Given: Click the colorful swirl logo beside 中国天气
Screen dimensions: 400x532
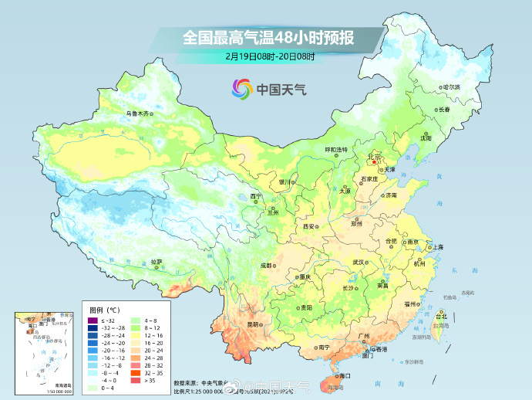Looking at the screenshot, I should tap(241, 89).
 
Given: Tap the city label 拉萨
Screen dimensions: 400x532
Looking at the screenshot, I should tap(157, 262).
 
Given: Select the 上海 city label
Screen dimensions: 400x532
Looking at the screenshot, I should tap(438, 247).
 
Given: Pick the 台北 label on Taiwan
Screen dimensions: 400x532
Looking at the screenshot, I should tap(441, 317).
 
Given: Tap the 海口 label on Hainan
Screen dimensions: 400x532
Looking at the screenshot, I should tap(344, 376).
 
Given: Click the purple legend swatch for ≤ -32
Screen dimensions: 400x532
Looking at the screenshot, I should tap(92, 320).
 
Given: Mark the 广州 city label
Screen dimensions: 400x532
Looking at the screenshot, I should tap(363, 336).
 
